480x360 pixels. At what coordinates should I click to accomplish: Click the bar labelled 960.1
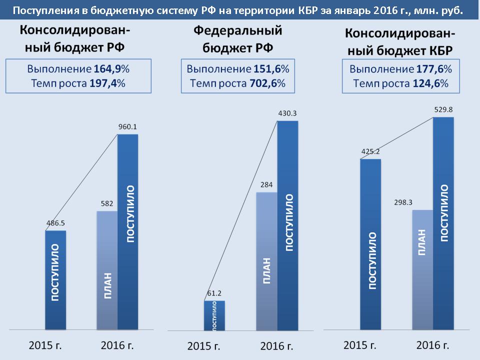pyautogui.click(x=127, y=232)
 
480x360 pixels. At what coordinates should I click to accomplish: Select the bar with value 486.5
pyautogui.click(x=55, y=280)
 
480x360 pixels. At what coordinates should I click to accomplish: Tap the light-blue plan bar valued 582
pyautogui.click(x=106, y=270)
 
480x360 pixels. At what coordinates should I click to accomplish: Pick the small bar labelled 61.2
pyautogui.click(x=214, y=315)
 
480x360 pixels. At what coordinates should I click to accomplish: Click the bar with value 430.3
pyautogui.click(x=287, y=225)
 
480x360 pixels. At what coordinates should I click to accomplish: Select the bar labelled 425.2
pyautogui.click(x=370, y=244)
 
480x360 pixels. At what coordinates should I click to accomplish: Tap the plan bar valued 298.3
pyautogui.click(x=422, y=270)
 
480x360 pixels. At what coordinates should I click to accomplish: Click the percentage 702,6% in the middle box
pyautogui.click(x=267, y=83)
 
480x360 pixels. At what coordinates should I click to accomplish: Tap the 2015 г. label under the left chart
pyautogui.click(x=45, y=345)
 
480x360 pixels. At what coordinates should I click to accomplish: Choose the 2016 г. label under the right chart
pyautogui.click(x=432, y=345)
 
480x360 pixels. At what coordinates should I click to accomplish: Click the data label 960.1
pyautogui.click(x=128, y=127)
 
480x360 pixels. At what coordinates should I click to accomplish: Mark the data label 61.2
pyautogui.click(x=214, y=293)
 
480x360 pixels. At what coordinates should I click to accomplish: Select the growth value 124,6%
pyautogui.click(x=430, y=84)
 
